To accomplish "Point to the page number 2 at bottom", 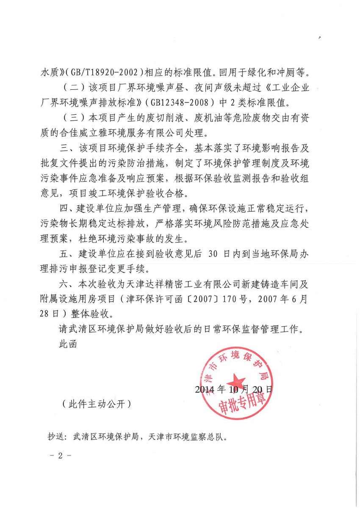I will coord(60,456).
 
